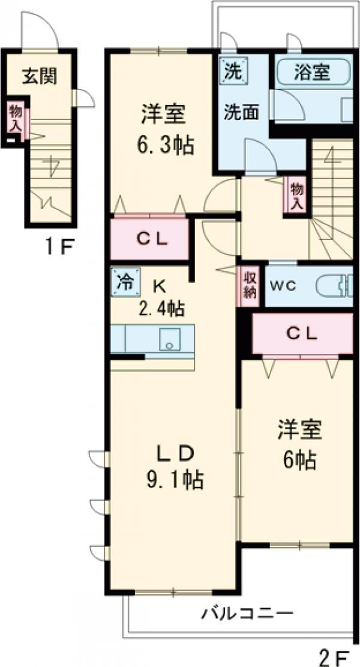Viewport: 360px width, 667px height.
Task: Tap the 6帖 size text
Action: pos(299,459)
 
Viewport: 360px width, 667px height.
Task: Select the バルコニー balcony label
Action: pos(247,614)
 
